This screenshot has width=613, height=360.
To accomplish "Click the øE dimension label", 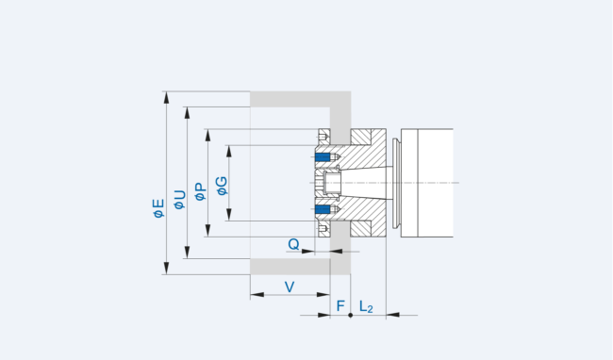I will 158,206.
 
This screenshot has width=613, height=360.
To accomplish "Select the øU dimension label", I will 179,198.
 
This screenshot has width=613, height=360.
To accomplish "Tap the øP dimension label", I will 200,190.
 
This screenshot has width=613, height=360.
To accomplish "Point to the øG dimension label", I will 222,185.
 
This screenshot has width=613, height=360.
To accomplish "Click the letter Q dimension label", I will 294,244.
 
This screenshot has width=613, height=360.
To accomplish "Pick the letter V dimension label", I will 290,286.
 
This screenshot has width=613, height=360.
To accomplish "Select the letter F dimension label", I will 340,306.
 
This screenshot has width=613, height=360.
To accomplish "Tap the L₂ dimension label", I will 367,307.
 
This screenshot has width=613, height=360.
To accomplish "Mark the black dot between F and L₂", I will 351,315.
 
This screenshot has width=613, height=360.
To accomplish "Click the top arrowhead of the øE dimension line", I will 166,95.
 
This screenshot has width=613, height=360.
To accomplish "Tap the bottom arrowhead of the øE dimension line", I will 166,270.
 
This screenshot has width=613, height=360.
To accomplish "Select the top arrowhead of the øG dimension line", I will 229,147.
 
